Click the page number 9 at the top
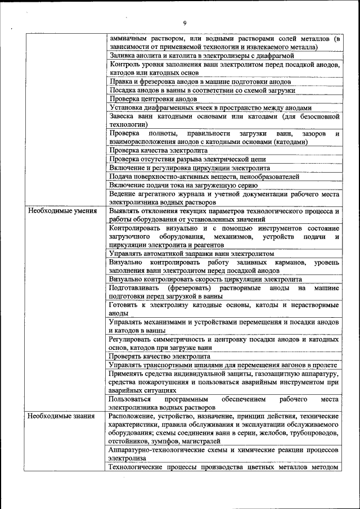(184, 22)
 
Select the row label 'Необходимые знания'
(58, 416)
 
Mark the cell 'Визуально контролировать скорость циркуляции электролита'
(206, 279)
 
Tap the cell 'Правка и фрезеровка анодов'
(200, 82)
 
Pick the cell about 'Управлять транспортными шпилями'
(223, 365)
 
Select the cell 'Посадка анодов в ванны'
(202, 90)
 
